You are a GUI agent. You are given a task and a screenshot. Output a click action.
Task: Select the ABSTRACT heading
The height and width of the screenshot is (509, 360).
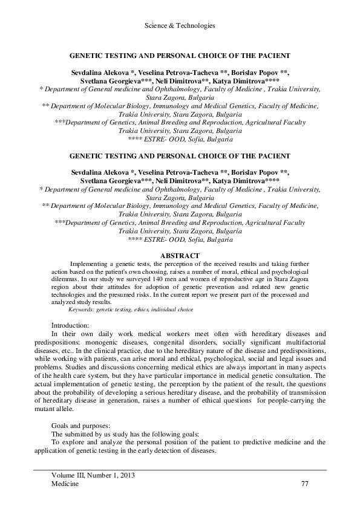[x=180, y=256]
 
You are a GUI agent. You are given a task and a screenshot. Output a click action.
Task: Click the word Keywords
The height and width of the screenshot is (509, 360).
[x=82, y=309]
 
